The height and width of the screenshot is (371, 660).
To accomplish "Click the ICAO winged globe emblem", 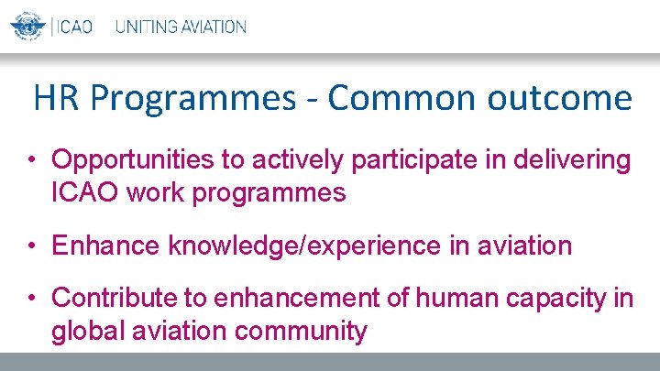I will [27, 26].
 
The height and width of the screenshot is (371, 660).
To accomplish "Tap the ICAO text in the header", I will [74, 27].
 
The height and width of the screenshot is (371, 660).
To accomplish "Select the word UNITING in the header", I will [144, 27].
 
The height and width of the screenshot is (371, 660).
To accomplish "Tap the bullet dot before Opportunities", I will [31, 161].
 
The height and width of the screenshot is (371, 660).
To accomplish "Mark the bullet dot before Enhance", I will [31, 246].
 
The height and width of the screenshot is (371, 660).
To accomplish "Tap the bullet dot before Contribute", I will [31, 299].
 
